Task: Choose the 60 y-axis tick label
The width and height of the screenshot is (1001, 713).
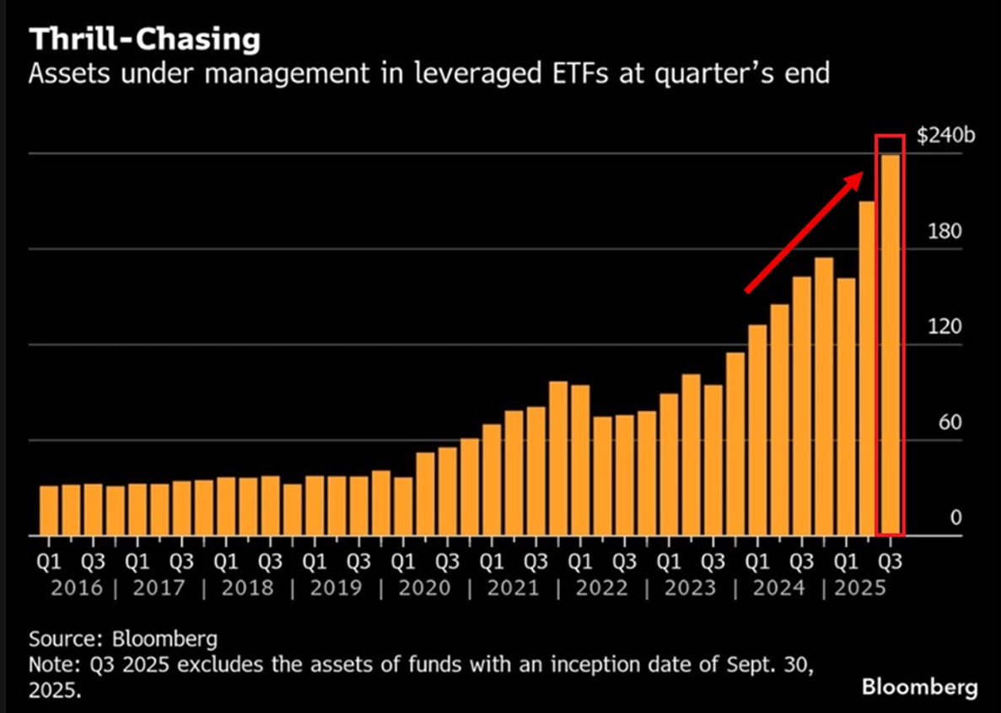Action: pyautogui.click(x=950, y=422)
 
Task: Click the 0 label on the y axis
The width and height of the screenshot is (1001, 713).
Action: pyautogui.click(x=955, y=517)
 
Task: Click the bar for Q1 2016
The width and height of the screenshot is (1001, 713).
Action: pyautogui.click(x=50, y=510)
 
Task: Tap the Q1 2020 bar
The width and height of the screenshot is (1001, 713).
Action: pyautogui.click(x=403, y=506)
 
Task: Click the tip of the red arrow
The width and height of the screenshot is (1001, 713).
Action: pyautogui.click(x=861, y=174)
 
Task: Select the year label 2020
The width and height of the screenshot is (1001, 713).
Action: pyautogui.click(x=425, y=587)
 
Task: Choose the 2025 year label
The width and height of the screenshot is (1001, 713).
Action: pyautogui.click(x=859, y=587)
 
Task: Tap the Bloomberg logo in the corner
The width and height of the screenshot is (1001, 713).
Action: pyautogui.click(x=920, y=687)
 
